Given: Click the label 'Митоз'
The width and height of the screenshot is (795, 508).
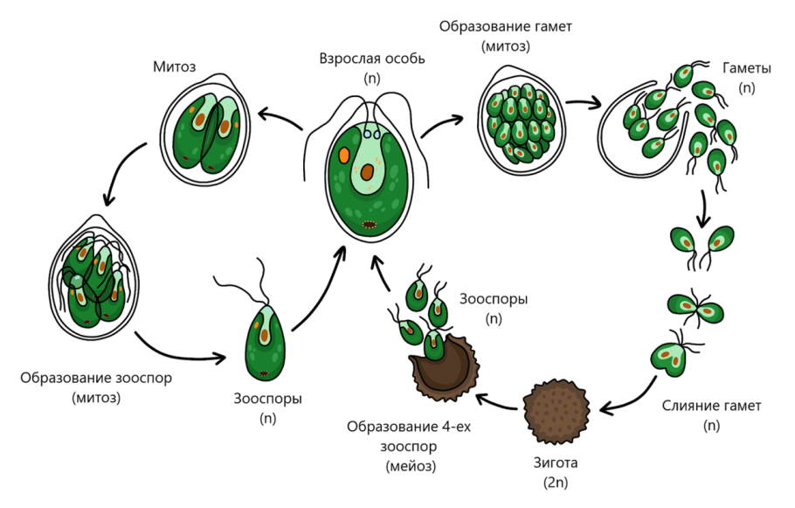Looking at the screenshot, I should point(173,66).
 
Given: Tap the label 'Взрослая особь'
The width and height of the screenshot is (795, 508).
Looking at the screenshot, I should point(373,59).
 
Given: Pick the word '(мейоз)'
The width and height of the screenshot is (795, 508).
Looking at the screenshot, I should point(411,466).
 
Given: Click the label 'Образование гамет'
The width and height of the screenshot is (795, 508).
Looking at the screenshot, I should point(505,26).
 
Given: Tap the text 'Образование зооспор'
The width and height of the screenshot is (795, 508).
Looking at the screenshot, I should point(96,379).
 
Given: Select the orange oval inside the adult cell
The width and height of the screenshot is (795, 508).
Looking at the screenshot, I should point(345,157).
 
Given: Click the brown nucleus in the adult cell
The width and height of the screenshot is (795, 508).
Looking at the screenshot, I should point(370,171).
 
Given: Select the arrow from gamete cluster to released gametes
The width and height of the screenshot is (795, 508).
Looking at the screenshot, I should point(584,104).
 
